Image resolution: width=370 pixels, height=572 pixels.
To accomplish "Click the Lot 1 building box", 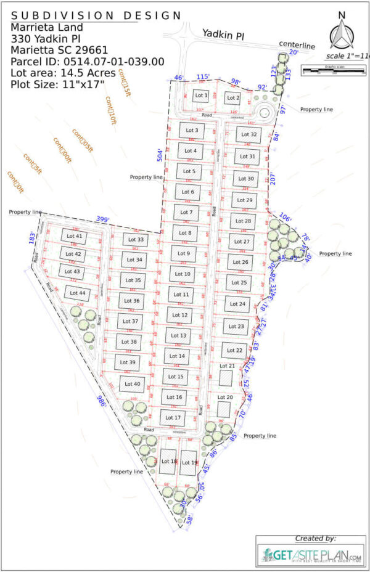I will click(x=201, y=96).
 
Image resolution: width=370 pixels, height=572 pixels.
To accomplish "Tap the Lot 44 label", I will click(x=73, y=293).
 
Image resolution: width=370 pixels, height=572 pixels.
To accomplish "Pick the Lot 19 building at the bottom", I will click(x=189, y=462).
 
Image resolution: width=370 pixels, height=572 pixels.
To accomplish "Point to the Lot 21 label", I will click(x=228, y=366).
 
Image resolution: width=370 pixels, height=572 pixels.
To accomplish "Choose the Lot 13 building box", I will click(x=179, y=335).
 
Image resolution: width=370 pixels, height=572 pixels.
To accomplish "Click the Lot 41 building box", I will click(x=74, y=236).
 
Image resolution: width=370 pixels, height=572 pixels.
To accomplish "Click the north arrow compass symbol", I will click(x=341, y=34).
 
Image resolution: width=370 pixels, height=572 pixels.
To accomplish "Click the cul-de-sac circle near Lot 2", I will click(x=266, y=113).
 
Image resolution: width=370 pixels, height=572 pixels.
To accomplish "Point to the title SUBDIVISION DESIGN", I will click(x=96, y=15).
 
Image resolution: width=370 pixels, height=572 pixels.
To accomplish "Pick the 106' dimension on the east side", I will click(x=284, y=217).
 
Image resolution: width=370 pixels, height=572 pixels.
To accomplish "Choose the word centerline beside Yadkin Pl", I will click(x=297, y=44).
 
